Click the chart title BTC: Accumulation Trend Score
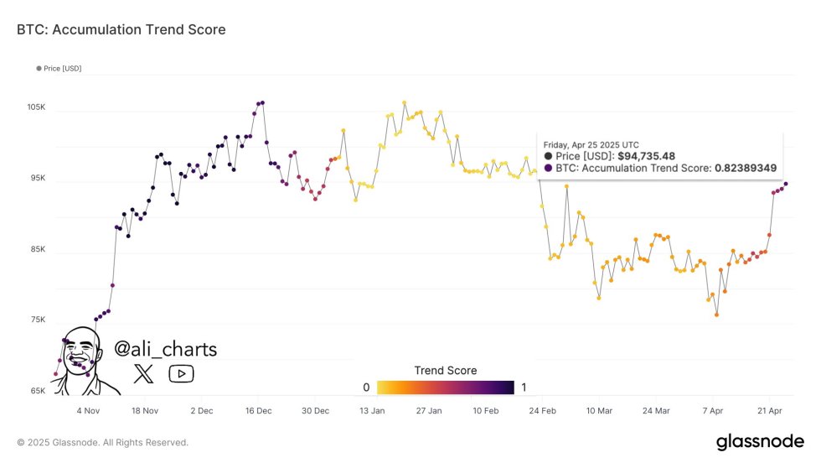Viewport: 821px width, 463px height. pos(121,30)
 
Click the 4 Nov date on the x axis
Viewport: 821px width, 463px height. pos(88,411)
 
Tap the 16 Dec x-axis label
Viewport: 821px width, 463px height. pos(258,411)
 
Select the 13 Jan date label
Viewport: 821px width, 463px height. pos(371,411)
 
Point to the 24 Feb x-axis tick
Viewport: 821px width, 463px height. pos(542,411)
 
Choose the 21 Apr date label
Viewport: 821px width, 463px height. pos(769,411)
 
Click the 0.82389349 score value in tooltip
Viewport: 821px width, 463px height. pos(745,169)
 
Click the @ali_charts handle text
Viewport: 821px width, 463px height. pos(165,349)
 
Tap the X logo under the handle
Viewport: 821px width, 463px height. pos(144,373)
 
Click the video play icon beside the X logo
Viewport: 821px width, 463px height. pos(181,373)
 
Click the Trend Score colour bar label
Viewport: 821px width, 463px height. pos(445,371)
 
